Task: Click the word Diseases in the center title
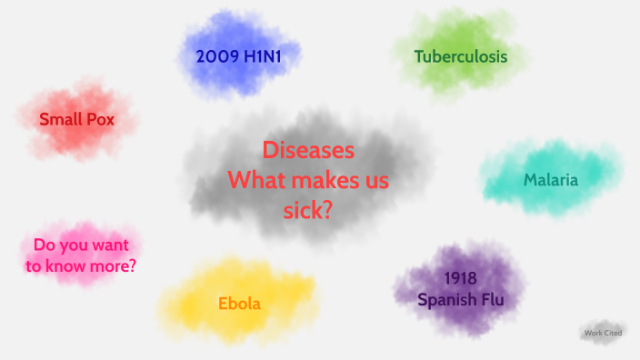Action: tap(308, 150)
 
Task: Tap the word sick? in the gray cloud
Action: tap(308, 210)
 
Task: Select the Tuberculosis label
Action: tap(461, 56)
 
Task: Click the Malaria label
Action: tap(550, 180)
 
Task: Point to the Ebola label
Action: tap(239, 304)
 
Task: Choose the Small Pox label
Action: tap(76, 119)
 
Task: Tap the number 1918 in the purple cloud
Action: tap(461, 277)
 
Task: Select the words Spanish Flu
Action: tap(460, 298)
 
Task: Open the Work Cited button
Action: tap(604, 333)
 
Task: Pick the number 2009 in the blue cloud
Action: tap(215, 56)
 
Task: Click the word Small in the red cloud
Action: tap(57, 119)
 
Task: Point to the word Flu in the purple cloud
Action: tap(490, 298)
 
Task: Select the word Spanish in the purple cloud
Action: tap(445, 298)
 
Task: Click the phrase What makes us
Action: tap(308, 180)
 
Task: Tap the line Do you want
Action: tap(81, 245)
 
